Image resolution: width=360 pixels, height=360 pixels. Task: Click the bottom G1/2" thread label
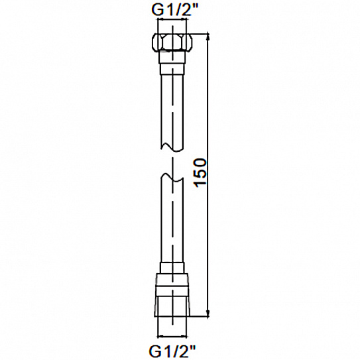[x=172, y=350]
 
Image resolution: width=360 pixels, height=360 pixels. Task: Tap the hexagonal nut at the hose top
[x=172, y=42]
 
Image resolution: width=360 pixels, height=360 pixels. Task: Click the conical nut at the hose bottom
[x=172, y=295]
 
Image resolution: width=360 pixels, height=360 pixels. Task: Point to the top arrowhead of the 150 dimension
[x=208, y=37]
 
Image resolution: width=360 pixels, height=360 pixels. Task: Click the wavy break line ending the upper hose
[x=172, y=147]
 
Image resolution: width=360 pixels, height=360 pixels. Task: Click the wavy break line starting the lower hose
[x=172, y=178]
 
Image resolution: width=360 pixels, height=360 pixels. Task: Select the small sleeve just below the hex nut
[x=172, y=68]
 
